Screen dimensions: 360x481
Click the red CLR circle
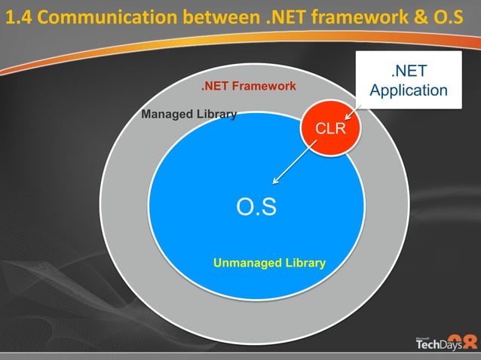[x=331, y=129]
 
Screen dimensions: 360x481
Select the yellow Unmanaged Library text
[x=269, y=263]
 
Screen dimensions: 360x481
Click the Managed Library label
[x=189, y=114]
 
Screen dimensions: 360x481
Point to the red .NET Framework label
[x=249, y=86]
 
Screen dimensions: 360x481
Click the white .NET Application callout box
[x=409, y=81]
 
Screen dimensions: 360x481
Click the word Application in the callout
[x=409, y=90]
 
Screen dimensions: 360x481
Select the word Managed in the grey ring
[x=167, y=114]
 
